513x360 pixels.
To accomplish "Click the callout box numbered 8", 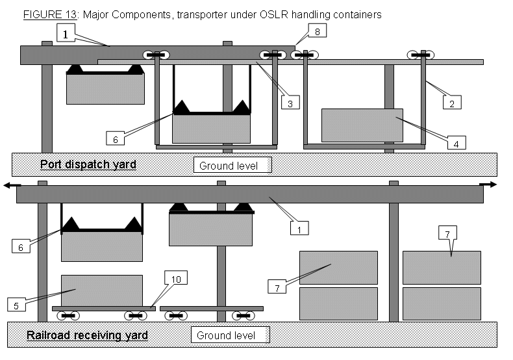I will (x=316, y=31).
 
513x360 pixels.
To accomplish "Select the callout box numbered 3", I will (x=290, y=102).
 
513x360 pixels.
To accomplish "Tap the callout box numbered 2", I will (x=453, y=102).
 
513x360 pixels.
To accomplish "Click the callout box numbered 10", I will (x=175, y=279).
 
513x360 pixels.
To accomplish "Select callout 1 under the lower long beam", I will (x=299, y=228).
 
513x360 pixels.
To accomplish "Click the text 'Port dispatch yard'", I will (x=88, y=164).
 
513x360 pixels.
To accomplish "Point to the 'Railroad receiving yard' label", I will (x=87, y=336).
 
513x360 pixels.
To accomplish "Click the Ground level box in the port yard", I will (x=232, y=165).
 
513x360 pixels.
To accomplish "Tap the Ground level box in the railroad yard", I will (x=229, y=335).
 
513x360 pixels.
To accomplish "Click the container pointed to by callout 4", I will (x=362, y=125).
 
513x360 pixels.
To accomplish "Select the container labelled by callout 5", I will (x=101, y=290).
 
